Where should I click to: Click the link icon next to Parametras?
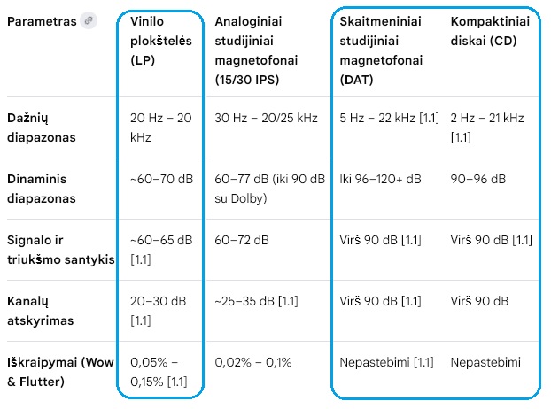88,20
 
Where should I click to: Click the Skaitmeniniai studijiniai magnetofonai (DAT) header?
381,50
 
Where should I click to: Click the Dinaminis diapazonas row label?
42,189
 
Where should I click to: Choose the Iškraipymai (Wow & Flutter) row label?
60,372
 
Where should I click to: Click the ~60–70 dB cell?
161,179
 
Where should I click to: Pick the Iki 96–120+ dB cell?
380,179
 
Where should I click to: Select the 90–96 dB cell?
477,179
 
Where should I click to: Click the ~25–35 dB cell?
255,301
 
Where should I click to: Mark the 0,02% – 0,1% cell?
253,362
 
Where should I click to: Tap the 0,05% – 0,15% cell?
159,372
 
